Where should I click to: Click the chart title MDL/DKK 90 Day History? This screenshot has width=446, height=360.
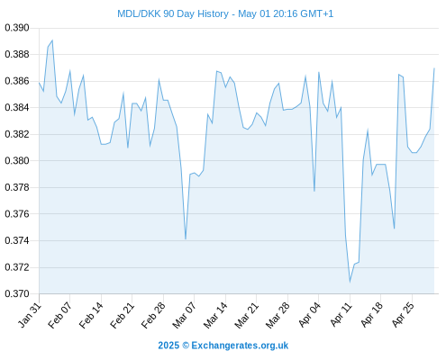173,13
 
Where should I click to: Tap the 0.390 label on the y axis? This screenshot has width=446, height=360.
17,28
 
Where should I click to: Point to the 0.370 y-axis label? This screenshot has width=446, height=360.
17,293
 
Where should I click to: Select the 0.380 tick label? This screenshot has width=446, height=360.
17,161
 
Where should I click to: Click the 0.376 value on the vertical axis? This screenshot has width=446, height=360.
17,214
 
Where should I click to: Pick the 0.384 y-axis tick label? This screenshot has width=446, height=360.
17,108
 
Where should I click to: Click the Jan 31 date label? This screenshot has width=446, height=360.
30,315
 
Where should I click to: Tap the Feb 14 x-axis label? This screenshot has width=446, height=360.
91,315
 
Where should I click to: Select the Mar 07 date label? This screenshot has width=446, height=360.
184,315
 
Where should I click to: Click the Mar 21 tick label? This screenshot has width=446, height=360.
246,315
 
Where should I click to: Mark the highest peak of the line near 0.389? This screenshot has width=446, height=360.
52,40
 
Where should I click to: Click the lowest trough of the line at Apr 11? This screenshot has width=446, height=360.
350,282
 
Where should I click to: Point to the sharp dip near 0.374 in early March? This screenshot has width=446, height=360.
186,238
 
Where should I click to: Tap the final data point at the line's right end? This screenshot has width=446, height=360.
434,68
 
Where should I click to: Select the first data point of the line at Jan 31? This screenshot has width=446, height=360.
39,83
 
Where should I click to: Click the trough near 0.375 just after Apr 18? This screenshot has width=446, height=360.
395,229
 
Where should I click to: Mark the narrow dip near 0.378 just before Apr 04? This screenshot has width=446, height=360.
314,191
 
